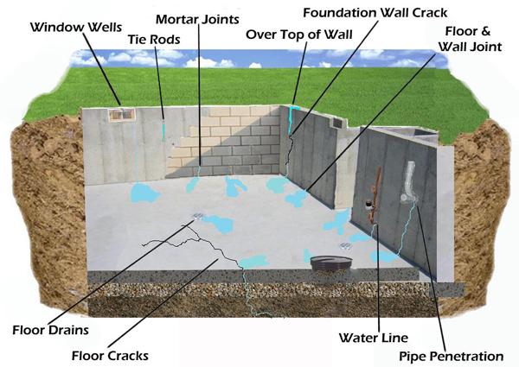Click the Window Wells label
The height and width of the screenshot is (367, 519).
[x=76, y=27]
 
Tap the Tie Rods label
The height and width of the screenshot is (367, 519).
[x=154, y=40]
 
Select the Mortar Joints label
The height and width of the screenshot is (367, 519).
[x=197, y=19]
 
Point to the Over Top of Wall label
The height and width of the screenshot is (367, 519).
[x=299, y=35]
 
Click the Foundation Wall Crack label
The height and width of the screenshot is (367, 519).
[x=375, y=13]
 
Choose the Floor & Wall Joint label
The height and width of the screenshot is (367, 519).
[x=470, y=39]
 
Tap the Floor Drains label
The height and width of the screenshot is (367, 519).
[x=51, y=330]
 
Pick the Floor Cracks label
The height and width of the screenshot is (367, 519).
[x=110, y=356]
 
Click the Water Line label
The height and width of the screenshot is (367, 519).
[x=374, y=338]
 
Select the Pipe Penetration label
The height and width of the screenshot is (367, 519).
[x=452, y=357]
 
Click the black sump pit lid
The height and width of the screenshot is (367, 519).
[x=331, y=263]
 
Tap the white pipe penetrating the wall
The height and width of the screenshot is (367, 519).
[x=409, y=182]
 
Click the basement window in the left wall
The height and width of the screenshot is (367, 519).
[x=122, y=115]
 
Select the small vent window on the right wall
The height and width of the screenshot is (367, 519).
[x=337, y=123]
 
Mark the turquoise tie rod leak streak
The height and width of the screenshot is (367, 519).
[x=163, y=130]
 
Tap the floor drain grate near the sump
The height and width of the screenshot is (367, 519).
[x=345, y=245]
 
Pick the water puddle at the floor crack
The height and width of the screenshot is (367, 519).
[x=253, y=262]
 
